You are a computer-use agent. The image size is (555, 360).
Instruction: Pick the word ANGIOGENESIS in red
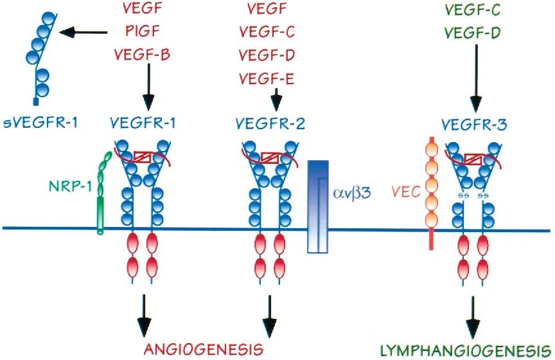pyautogui.click(x=204, y=350)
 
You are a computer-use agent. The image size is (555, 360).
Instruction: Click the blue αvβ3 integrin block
pyautogui.click(x=319, y=205)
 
